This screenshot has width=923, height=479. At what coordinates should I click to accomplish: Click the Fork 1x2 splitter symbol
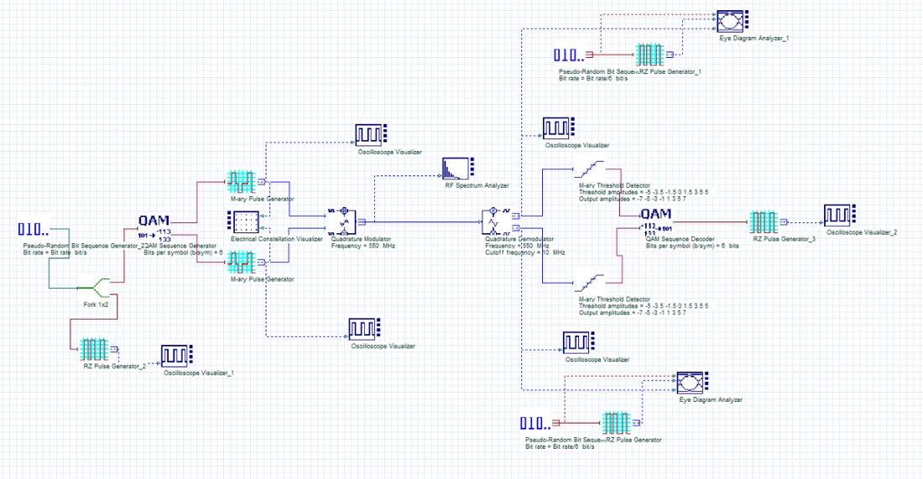click(x=103, y=288)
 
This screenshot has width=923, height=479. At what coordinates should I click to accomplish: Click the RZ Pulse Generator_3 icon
click(x=764, y=222)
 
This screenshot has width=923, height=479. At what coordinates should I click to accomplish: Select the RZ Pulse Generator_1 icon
click(x=652, y=54)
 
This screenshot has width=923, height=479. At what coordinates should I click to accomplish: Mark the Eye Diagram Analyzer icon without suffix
click(x=694, y=383)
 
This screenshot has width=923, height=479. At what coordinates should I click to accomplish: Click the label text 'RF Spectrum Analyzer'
click(x=477, y=185)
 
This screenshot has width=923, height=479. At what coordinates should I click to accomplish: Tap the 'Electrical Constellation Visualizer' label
click(x=276, y=239)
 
